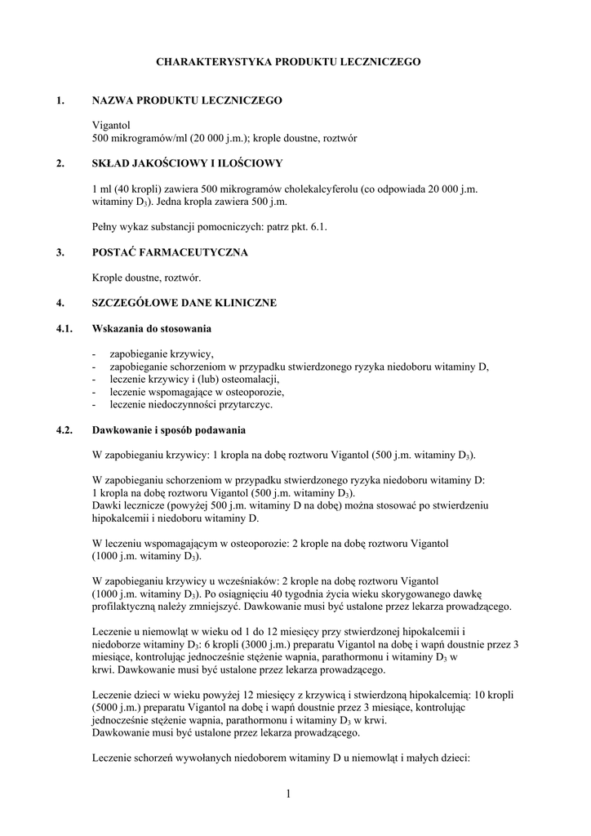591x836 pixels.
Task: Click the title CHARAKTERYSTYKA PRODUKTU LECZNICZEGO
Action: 287,61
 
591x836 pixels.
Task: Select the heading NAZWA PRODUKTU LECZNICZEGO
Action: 187,100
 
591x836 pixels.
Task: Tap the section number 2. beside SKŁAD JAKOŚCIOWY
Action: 60,163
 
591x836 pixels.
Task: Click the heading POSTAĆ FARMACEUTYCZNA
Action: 170,252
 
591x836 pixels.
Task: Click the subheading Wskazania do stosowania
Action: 151,328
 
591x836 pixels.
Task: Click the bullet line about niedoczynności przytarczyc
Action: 192,404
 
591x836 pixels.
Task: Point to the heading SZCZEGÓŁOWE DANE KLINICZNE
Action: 184,303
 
